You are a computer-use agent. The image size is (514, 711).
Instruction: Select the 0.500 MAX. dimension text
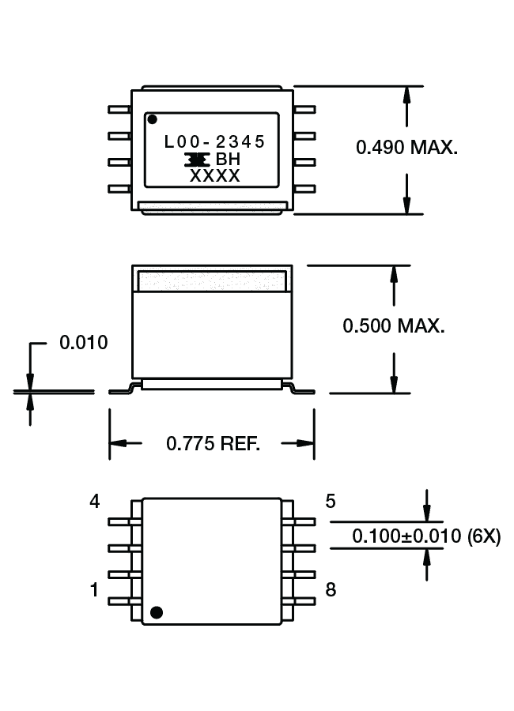[394, 325]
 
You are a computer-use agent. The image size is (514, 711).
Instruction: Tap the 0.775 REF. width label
[213, 443]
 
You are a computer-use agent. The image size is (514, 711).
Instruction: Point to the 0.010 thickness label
[84, 343]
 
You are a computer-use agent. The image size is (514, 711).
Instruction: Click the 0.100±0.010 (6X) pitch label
[426, 536]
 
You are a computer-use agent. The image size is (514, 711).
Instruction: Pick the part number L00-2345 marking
[214, 142]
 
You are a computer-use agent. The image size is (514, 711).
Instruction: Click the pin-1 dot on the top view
[152, 120]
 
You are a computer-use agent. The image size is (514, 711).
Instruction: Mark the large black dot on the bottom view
[157, 611]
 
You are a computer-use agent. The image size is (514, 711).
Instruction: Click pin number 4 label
[95, 502]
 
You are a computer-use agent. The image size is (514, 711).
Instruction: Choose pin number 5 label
[330, 501]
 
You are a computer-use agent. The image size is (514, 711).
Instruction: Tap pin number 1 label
[95, 589]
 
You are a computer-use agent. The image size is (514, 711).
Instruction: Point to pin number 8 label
[330, 589]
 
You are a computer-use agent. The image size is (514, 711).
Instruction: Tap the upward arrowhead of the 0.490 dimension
[406, 93]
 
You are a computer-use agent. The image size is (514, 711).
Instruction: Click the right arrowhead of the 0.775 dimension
[308, 443]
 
